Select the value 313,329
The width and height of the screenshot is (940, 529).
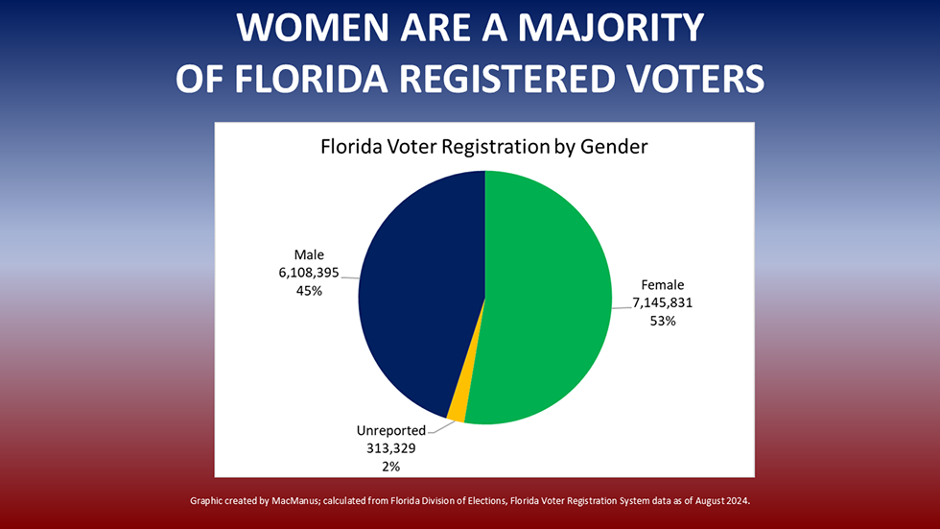point(389,448)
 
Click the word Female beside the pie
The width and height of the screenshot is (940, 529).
point(662,284)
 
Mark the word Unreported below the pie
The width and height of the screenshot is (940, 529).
point(391,430)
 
